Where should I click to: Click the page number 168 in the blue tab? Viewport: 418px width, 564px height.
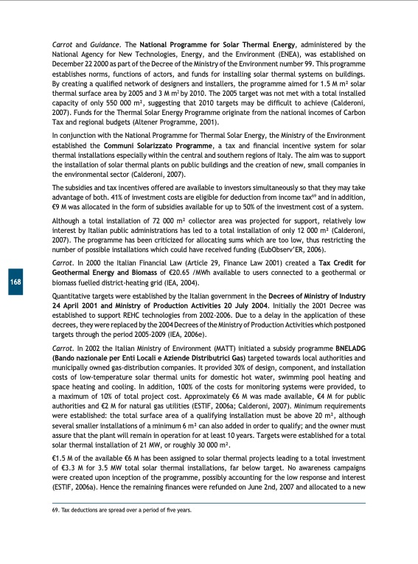point(15,282)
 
